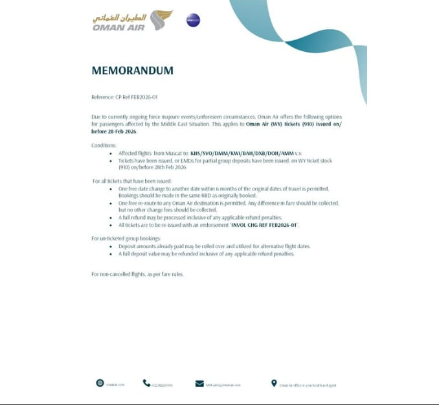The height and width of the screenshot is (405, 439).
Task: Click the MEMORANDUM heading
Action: tap(133, 71)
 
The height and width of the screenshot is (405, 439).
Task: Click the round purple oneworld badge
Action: tap(193, 20)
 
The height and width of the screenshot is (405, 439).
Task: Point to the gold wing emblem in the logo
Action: tap(161, 19)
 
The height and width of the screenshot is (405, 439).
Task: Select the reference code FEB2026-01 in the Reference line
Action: tap(144, 97)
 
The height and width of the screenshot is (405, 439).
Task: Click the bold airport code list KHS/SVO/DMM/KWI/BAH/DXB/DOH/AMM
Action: tap(236, 154)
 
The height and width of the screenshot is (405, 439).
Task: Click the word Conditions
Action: tap(104, 145)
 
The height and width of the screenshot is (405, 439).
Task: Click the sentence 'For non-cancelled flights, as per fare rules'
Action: tap(138, 275)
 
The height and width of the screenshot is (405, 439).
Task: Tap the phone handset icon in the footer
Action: tap(146, 383)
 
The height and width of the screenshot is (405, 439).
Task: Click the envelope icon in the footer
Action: tap(199, 384)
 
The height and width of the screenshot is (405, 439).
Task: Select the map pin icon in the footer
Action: tap(274, 384)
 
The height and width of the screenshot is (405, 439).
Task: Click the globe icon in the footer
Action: tap(100, 383)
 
